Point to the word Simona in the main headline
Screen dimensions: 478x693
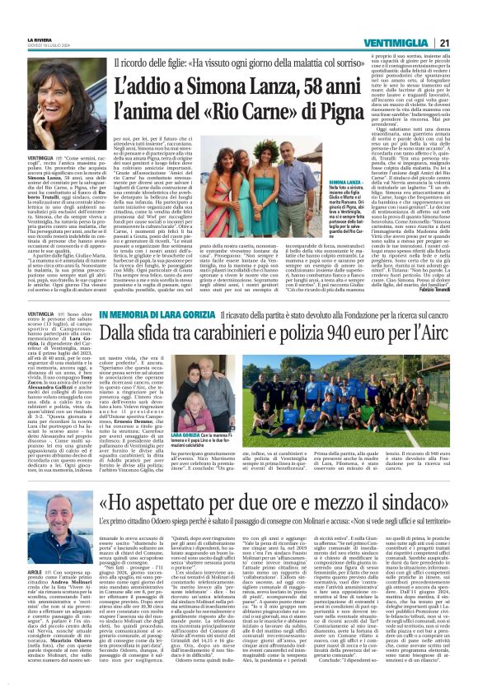205,82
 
